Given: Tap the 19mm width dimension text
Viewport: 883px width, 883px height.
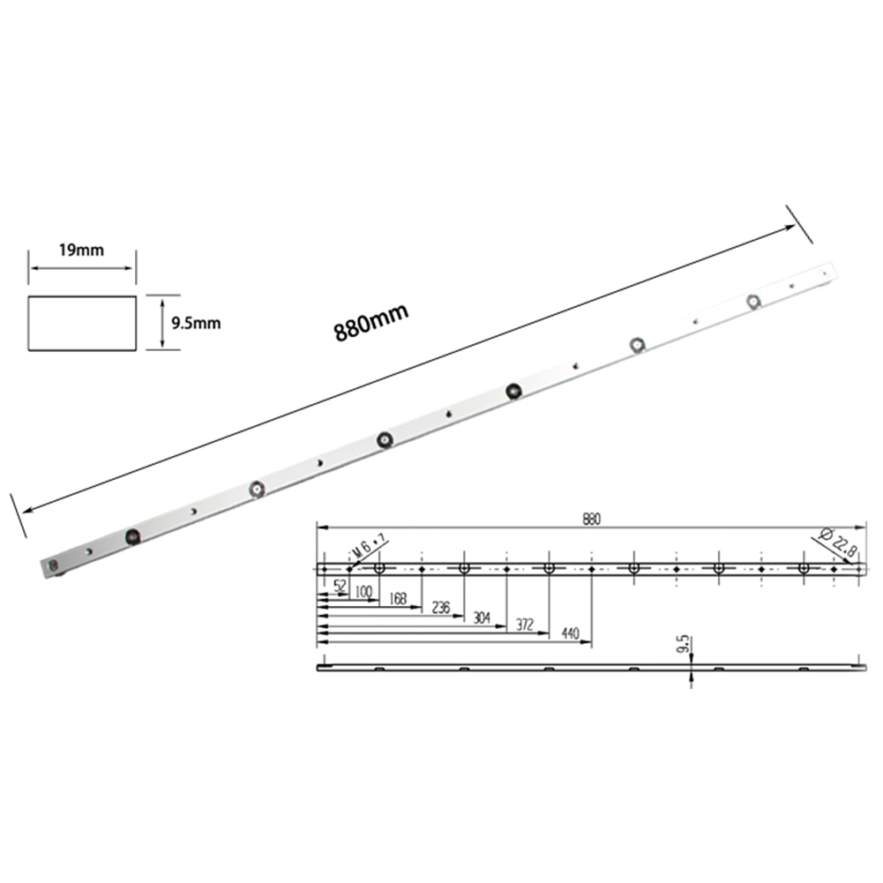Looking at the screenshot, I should tap(81, 250).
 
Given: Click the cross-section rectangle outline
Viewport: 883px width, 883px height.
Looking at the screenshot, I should tap(82, 323).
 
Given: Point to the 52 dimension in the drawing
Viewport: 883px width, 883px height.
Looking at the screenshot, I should tap(340, 585).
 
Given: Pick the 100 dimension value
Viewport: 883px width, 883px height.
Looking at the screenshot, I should tap(363, 592).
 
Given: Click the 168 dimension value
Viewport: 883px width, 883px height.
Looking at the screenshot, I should tap(398, 600).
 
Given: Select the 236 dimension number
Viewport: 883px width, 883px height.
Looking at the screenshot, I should tap(440, 608).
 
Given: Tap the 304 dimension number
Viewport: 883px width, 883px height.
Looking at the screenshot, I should tap(482, 617).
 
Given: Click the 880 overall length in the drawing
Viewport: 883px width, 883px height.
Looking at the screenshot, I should tap(590, 521).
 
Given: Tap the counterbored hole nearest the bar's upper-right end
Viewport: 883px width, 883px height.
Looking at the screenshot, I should tap(753, 301).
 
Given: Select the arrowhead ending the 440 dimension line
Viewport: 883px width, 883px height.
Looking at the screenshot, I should tap(587, 643).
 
